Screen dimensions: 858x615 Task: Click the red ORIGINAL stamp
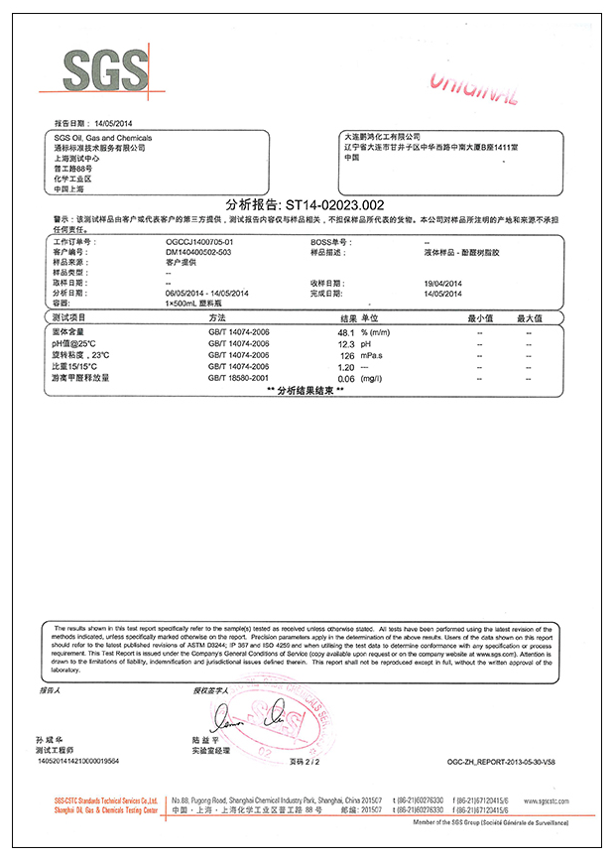click(474, 88)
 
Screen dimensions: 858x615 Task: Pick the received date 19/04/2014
click(443, 283)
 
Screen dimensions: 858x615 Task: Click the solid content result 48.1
click(346, 331)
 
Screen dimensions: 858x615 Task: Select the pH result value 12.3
click(346, 343)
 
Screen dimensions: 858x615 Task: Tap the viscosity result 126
click(347, 355)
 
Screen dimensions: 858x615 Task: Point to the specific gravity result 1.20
click(346, 367)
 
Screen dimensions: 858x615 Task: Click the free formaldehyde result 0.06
click(346, 379)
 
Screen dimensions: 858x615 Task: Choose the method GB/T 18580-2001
click(238, 378)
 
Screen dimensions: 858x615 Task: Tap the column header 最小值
click(480, 318)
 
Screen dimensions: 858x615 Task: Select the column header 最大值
click(529, 318)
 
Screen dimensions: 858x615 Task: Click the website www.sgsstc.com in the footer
click(546, 799)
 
